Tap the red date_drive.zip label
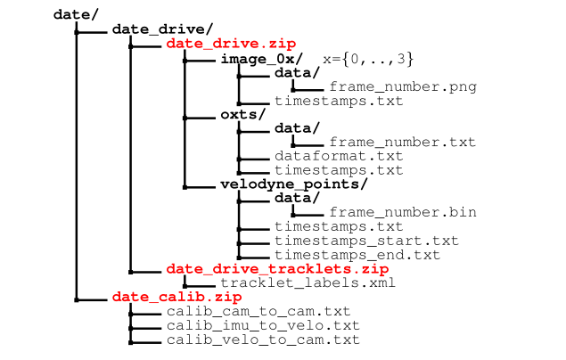coord(231,43)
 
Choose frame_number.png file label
coord(402,86)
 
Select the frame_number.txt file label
coord(402,142)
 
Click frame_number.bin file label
coord(402,212)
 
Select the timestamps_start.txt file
coord(366,241)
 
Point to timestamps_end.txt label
coord(357,255)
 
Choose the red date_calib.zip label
coord(177,297)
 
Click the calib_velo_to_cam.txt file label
coord(262,340)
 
